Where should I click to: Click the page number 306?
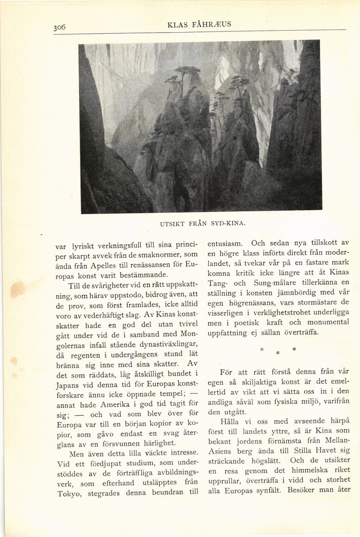59,27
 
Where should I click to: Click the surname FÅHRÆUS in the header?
210,25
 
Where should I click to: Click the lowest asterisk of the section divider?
278,353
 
